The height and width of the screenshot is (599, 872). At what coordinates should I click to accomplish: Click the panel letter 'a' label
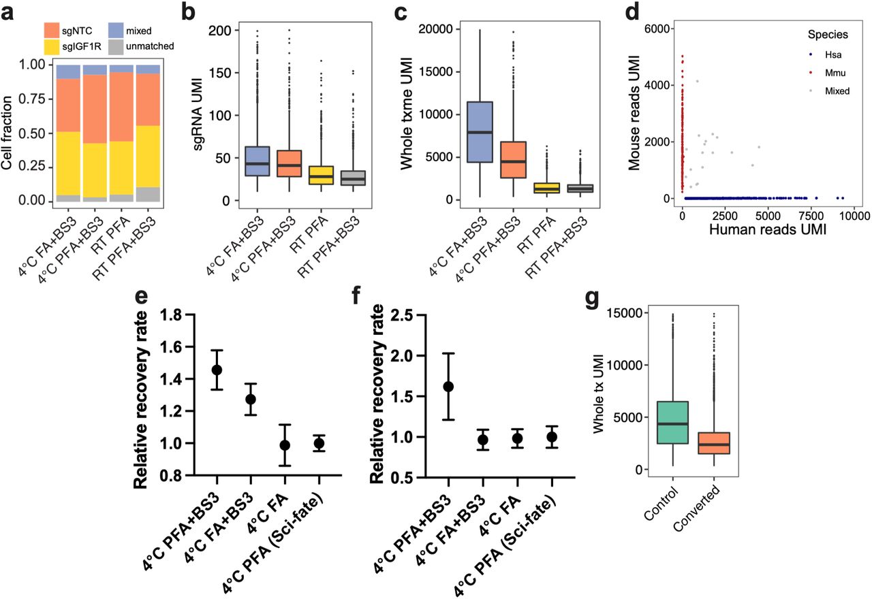click(x=10, y=12)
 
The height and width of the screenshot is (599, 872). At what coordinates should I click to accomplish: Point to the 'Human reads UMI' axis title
click(x=768, y=230)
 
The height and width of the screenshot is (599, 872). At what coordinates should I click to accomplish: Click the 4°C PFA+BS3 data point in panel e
click(x=217, y=370)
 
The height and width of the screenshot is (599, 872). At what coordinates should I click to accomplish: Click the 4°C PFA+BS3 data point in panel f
click(x=448, y=387)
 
